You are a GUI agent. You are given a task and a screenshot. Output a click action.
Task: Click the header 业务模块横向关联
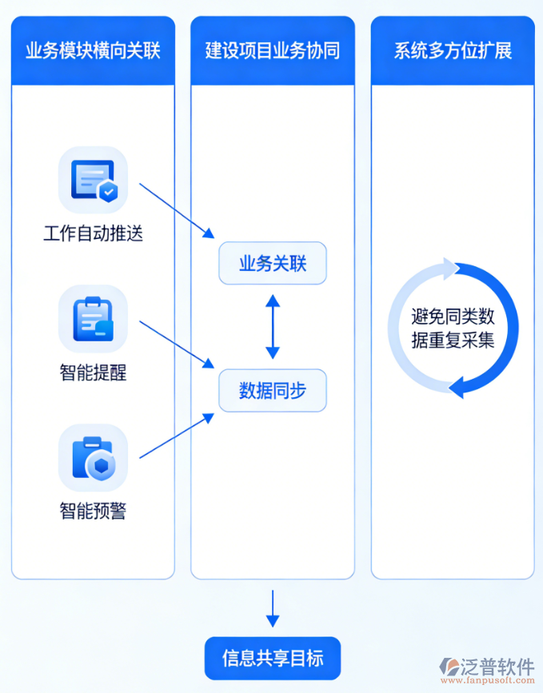point(93,51)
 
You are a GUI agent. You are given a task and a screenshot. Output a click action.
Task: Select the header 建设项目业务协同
point(272,51)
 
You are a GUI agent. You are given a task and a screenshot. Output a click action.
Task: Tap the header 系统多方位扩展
point(453,51)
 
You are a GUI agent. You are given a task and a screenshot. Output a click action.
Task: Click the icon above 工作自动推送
point(93,180)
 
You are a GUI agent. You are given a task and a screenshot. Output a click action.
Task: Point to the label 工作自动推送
point(93,234)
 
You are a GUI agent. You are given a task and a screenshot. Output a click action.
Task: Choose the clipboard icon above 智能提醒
point(93,319)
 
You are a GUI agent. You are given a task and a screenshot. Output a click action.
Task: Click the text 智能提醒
point(93,372)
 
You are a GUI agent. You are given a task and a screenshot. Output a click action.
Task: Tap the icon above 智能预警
point(93,457)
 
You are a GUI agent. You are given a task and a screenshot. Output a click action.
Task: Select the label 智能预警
point(93,511)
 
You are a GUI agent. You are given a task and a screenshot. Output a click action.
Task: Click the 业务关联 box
point(273,263)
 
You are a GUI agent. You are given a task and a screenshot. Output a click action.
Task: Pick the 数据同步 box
point(273,390)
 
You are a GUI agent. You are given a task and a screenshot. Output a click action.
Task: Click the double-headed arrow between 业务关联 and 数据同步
point(273,326)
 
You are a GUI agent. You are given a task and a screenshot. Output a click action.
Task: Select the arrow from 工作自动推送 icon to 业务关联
point(177,209)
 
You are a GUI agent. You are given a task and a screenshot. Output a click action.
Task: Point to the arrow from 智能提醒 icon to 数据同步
point(177,345)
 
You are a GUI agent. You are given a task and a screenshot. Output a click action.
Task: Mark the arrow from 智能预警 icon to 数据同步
point(177,436)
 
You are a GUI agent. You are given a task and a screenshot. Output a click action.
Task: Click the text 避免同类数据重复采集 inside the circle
point(453,327)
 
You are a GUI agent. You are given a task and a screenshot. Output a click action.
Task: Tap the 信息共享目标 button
point(273,658)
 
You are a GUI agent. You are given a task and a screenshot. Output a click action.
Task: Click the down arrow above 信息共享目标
point(273,609)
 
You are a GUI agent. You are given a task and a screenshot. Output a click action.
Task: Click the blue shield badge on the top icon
point(108,191)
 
